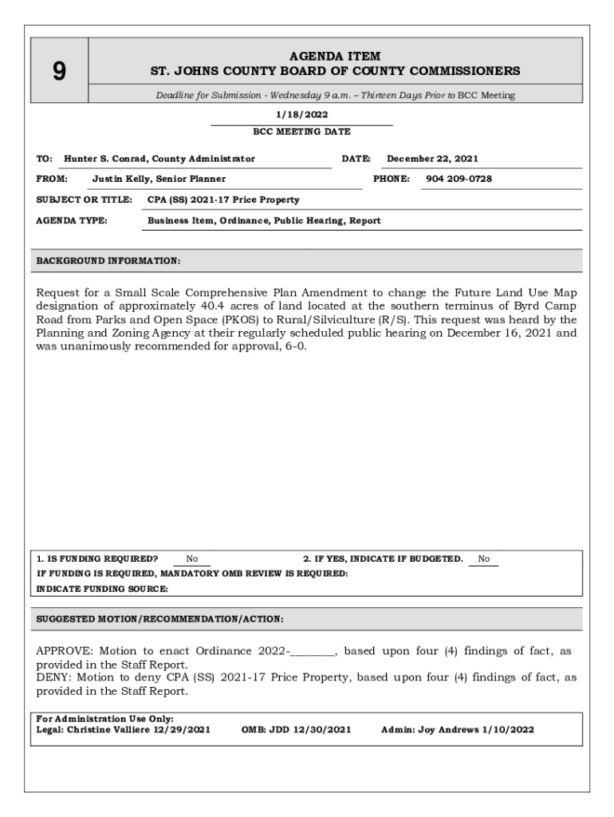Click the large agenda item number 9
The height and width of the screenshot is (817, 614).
[59, 72]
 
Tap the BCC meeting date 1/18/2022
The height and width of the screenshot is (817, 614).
[301, 115]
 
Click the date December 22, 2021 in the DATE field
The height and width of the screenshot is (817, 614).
[433, 159]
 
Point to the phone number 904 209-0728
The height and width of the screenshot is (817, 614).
[459, 179]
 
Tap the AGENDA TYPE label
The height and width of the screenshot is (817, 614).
[72, 220]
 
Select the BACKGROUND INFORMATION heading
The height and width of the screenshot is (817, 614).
[108, 261]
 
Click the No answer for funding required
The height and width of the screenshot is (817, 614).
[191, 559]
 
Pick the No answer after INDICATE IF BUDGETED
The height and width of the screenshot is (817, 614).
[484, 559]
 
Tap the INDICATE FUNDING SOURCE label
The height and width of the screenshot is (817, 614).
[103, 589]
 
